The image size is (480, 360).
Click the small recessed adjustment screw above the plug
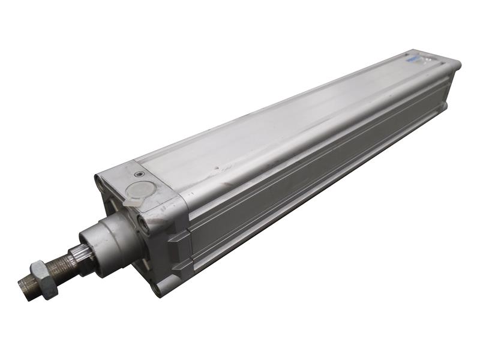point(140,175)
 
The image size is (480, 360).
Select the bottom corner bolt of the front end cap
point(157,288)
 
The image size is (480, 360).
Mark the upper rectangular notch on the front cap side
point(178,236)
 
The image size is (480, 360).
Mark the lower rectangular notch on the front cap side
point(181,265)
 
